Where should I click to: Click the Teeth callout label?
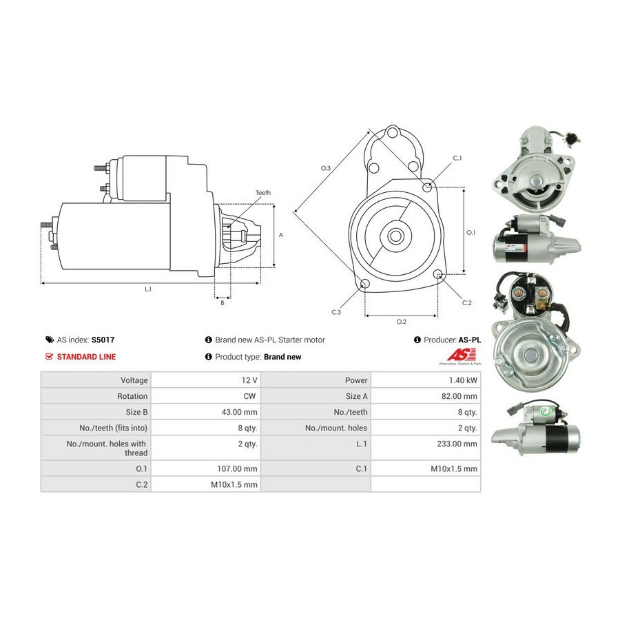[263, 193]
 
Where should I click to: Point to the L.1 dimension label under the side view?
[148, 289]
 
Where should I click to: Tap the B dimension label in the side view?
[223, 303]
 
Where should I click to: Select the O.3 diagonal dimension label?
[325, 168]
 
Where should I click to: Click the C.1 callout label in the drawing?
[457, 158]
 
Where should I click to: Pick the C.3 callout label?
[336, 312]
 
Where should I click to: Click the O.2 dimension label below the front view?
[402, 322]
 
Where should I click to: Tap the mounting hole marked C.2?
[437, 274]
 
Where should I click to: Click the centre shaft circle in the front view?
[394, 236]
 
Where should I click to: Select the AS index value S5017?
[103, 340]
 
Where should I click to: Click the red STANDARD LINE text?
[86, 357]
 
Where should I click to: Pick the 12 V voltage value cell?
[205, 380]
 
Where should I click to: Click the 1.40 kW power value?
[463, 380]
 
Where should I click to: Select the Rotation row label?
[132, 396]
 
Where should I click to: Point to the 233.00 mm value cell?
[426, 448]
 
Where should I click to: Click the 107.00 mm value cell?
[205, 468]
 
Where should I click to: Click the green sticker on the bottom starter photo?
[546, 413]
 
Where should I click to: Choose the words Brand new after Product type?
[282, 357]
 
